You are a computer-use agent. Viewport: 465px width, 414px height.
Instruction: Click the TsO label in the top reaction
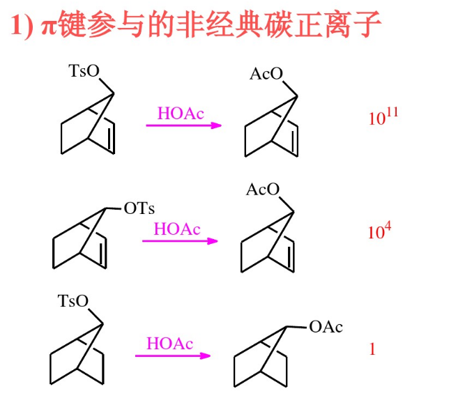(84, 71)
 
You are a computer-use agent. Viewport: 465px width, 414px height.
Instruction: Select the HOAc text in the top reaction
(181, 114)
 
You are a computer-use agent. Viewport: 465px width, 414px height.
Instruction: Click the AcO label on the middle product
(263, 190)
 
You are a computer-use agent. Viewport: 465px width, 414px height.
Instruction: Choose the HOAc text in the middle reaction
(176, 229)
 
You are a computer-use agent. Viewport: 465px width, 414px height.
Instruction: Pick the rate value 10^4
(379, 231)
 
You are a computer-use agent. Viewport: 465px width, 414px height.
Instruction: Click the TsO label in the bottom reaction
(74, 301)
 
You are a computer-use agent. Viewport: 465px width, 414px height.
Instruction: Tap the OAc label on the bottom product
(326, 327)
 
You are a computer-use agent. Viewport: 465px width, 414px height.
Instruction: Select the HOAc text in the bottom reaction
(169, 344)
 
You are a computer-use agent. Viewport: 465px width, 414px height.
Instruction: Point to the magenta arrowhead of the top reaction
(217, 125)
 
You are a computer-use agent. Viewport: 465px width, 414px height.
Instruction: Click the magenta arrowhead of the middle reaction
(213, 241)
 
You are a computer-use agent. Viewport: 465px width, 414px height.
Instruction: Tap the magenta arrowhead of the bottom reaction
(206, 355)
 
